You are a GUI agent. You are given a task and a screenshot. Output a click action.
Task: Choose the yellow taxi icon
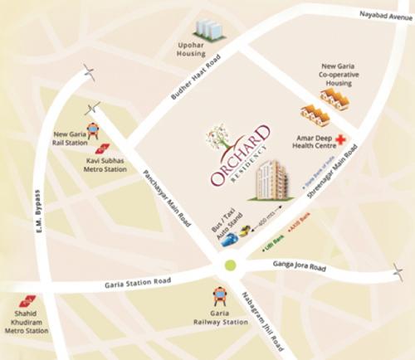coord(247,231)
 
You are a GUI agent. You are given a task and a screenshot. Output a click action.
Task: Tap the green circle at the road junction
coord(230,266)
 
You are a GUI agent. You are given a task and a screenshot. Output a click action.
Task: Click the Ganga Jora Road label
coord(300,268)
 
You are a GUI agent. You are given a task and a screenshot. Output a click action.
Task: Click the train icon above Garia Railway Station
coord(219,294)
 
